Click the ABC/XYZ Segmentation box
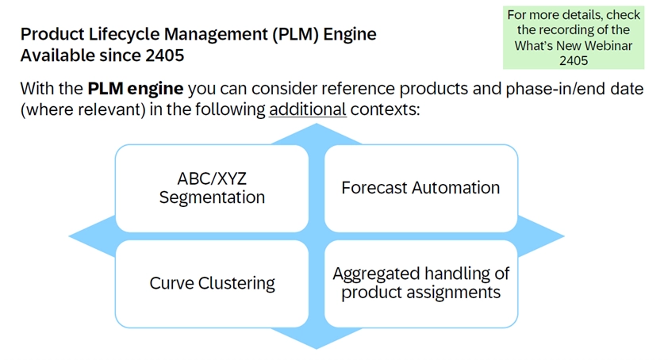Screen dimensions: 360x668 pos(212,188)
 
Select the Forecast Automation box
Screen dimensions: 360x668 pos(420,188)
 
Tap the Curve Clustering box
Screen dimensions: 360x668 pos(212,283)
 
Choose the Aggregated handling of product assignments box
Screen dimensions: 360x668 pos(420,283)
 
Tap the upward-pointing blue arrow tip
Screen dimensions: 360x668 pos(317,130)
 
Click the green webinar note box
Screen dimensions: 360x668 pos(574,37)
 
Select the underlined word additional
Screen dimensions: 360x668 pos(308,109)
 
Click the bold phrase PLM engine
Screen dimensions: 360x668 pos(136,88)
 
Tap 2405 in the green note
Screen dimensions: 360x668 pos(574,60)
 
